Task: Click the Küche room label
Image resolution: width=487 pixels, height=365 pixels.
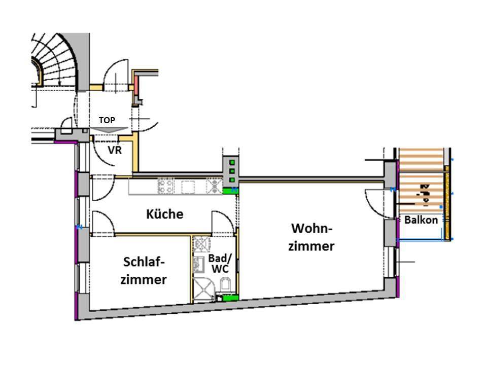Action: (164, 214)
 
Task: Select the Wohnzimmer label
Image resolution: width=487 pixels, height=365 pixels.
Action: (311, 237)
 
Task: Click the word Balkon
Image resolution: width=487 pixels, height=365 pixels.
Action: (421, 220)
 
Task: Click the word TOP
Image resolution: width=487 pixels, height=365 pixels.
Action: (107, 120)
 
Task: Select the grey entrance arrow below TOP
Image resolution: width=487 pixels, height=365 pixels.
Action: (107, 130)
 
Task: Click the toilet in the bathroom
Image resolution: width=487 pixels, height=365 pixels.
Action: (226, 285)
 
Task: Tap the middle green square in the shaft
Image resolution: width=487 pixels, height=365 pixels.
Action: (232, 171)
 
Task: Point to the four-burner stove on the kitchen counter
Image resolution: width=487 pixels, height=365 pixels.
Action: (166, 186)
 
